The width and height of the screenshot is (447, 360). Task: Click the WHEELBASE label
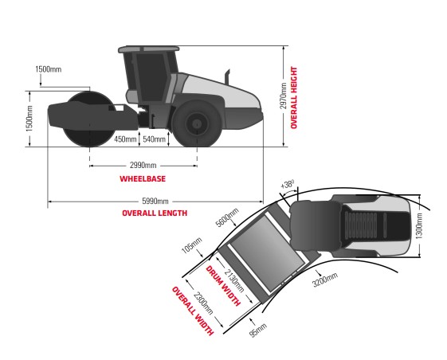point(143,178)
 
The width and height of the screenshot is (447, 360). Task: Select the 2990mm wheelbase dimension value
point(143,166)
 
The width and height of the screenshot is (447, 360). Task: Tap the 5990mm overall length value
point(155,202)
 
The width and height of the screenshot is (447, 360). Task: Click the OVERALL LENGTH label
point(155,213)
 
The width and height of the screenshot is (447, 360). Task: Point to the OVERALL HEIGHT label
point(294,97)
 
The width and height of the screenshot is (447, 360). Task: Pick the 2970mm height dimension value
point(283,96)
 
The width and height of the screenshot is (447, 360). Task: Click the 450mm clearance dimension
point(125,139)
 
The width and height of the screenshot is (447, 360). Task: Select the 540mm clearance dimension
point(155,139)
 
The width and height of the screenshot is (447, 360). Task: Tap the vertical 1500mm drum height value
point(29,119)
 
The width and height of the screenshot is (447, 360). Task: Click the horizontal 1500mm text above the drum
point(49,69)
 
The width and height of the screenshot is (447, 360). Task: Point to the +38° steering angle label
point(287,184)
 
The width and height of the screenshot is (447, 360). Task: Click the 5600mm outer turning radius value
point(227,217)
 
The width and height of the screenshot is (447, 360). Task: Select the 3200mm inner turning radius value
point(325,280)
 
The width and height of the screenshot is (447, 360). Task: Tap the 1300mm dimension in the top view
point(419,225)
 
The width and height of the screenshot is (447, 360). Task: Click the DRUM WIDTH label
point(223,286)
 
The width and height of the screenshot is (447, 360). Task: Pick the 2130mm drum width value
point(234,281)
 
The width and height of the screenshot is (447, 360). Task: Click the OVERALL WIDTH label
point(193,311)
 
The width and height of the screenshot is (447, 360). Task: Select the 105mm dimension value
point(192,245)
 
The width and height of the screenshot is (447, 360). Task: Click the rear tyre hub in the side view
point(197,123)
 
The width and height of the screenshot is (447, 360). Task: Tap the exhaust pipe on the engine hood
point(228,77)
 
